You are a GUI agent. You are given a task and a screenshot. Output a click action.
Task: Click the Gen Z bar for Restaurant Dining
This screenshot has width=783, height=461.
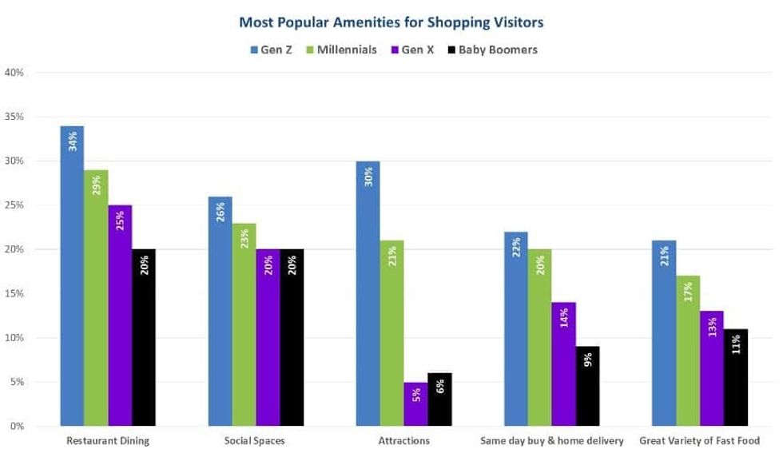(x=72, y=276)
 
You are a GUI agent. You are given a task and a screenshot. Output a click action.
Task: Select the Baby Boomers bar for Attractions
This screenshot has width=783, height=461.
(x=440, y=399)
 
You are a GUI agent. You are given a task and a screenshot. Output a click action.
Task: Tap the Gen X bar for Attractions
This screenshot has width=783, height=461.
(x=416, y=403)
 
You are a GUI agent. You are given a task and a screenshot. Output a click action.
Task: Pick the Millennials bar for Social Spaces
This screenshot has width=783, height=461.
(x=244, y=324)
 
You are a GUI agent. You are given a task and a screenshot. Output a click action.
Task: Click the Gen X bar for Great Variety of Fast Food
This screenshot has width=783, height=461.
(x=712, y=368)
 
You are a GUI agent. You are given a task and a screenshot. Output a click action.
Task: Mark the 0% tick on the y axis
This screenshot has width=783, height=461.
(x=16, y=427)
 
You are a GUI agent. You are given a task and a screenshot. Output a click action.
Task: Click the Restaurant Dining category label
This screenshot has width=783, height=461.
(x=108, y=441)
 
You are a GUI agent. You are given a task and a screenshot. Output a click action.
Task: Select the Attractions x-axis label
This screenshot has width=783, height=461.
(x=403, y=441)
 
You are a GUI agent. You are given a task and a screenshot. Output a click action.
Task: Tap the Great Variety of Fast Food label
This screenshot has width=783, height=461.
(x=699, y=441)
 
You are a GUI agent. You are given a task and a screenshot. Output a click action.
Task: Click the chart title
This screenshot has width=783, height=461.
(x=391, y=20)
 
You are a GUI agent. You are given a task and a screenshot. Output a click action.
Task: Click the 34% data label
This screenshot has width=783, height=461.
(x=72, y=141)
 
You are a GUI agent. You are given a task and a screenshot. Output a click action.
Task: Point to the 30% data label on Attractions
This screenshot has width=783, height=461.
(x=368, y=177)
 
